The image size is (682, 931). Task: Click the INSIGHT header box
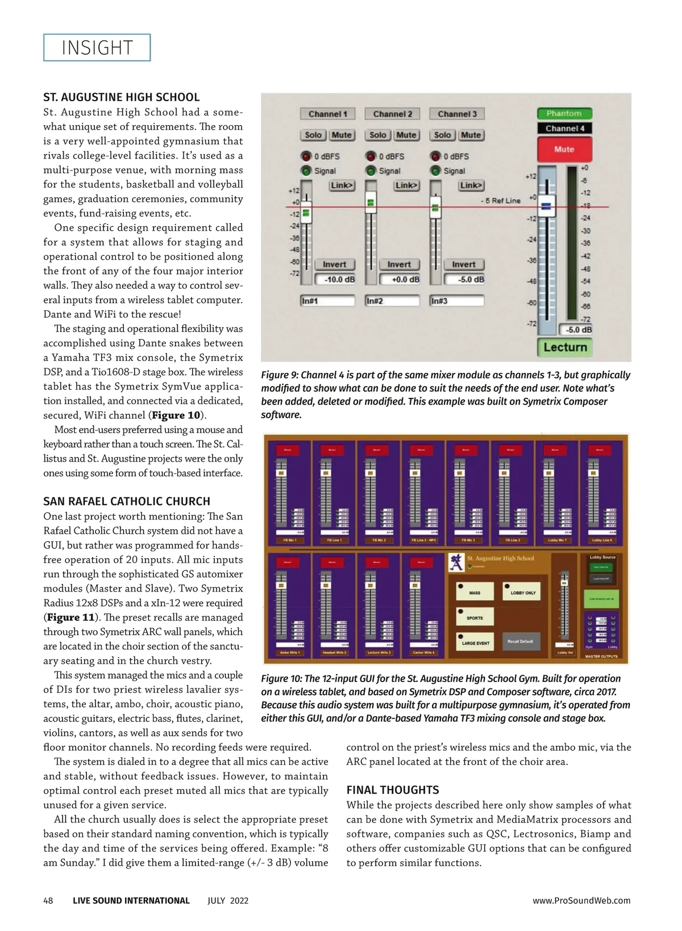click(97, 48)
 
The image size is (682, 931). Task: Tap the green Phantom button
click(564, 114)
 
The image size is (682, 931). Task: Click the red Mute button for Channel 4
click(564, 149)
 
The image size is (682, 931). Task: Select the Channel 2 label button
click(392, 114)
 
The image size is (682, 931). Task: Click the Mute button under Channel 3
click(471, 135)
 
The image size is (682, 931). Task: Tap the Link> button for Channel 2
click(406, 185)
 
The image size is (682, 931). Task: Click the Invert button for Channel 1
click(334, 265)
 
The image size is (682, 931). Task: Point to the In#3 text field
click(457, 301)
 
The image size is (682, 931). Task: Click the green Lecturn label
click(565, 347)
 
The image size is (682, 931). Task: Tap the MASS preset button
click(475, 592)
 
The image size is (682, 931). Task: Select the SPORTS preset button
click(475, 617)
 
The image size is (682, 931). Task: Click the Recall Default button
click(521, 642)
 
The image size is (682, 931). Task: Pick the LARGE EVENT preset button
click(475, 643)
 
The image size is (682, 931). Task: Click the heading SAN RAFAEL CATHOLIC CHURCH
click(127, 501)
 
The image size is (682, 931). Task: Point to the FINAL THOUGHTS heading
click(393, 790)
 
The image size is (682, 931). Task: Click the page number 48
click(48, 901)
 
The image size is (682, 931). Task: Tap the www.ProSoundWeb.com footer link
click(581, 901)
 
